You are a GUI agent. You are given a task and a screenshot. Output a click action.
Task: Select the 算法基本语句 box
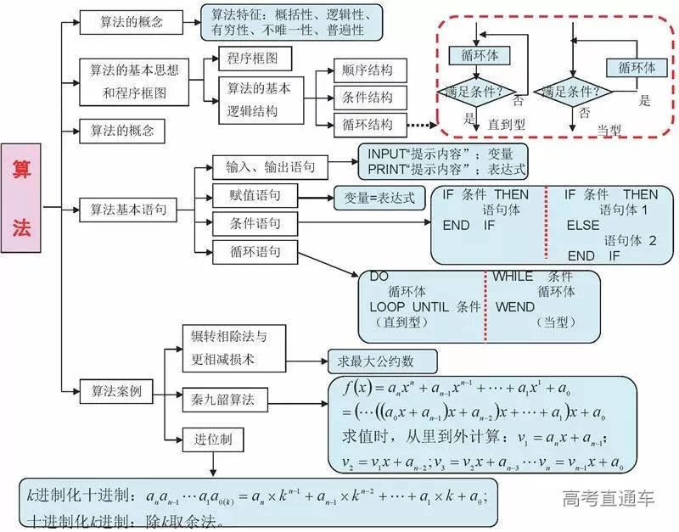coord(128,207)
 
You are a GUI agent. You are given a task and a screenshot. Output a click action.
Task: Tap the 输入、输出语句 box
coord(265,166)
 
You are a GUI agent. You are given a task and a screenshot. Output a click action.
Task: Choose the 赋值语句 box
coord(247,196)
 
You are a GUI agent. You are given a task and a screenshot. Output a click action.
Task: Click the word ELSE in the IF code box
coord(583,225)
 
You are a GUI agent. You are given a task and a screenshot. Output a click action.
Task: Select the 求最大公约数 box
coord(382,361)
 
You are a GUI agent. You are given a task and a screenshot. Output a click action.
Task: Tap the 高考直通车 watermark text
coord(608,498)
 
